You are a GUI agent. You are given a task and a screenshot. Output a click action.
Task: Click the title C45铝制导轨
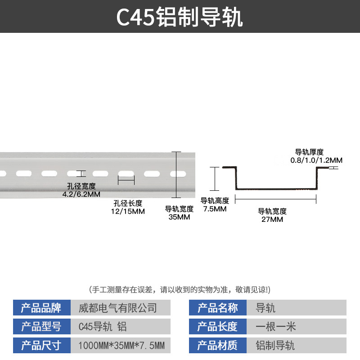[x=180, y=17]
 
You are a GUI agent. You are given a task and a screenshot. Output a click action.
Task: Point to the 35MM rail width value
[x=180, y=217]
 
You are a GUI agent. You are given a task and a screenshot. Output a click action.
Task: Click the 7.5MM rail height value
[x=215, y=209]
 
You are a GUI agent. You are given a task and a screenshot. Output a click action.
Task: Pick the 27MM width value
[x=272, y=220]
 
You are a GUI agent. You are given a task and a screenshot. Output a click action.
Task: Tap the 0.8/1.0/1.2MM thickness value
[x=316, y=160]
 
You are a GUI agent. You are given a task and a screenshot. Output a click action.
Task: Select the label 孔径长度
[x=128, y=203]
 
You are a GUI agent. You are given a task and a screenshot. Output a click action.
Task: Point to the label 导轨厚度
[x=309, y=153]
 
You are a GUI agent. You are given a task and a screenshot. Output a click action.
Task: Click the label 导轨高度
[x=215, y=201]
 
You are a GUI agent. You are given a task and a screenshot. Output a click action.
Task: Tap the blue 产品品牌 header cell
[x=41, y=308]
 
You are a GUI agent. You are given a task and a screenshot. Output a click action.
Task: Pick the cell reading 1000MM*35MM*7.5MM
[x=121, y=346]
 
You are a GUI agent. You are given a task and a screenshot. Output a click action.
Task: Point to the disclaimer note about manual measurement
[x=180, y=289]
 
